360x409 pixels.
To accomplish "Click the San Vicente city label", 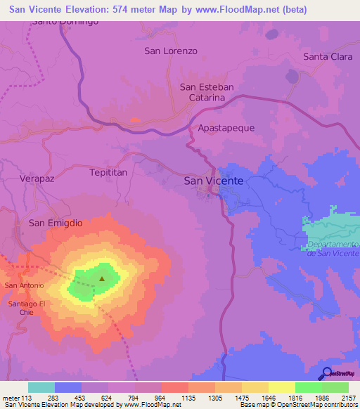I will pos(213,181).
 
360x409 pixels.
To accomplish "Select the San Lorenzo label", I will pos(171,51).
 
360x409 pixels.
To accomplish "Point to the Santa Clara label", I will pos(328,56).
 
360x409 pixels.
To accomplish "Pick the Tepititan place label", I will pos(109,171).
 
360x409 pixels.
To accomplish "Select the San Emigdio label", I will pos(56,223).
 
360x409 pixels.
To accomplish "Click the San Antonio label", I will pos(25,285).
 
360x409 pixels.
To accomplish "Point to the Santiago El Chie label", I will pos(27,307).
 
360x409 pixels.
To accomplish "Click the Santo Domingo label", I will pos(65,21).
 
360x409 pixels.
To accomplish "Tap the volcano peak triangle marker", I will pos(102,278).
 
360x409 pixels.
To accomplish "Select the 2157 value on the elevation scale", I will pos(349,397).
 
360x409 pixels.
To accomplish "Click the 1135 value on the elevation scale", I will pos(188,397).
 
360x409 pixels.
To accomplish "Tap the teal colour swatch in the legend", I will pos(41,387).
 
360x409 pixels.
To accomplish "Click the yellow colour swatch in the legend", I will pos(281,387).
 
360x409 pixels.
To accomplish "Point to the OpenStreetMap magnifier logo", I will pos(326,373).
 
